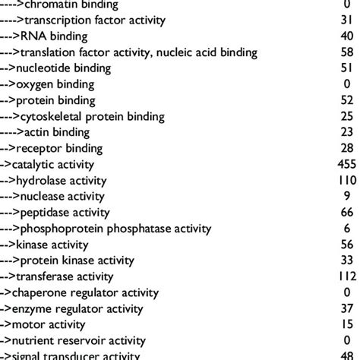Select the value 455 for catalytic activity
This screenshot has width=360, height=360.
pyautogui.click(x=346, y=164)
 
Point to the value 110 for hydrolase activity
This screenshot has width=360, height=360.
pyautogui.click(x=346, y=180)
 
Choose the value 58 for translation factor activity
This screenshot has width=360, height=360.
pyautogui.click(x=346, y=52)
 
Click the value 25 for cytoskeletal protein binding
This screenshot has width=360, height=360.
pyautogui.click(x=346, y=115)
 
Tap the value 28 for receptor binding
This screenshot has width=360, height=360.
pyautogui.click(x=346, y=147)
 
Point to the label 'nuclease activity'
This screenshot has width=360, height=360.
pyautogui.click(x=62, y=196)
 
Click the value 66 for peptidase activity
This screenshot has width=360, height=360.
pyautogui.click(x=346, y=212)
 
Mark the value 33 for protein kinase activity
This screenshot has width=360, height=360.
pyautogui.click(x=346, y=260)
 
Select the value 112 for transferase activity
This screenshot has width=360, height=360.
pyautogui.click(x=346, y=276)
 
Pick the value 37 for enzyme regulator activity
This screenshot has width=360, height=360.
pyautogui.click(x=346, y=308)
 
